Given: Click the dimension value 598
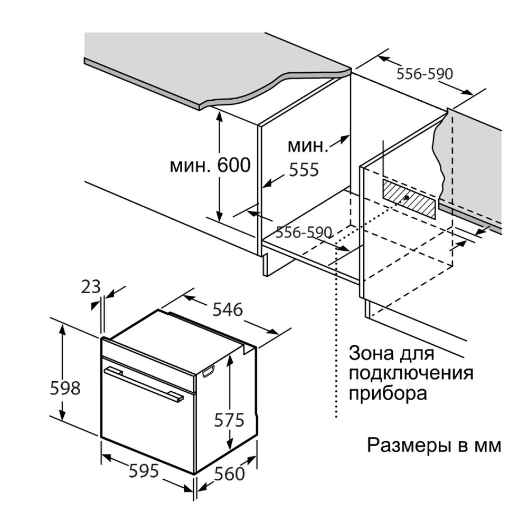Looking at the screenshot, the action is (x=65, y=388).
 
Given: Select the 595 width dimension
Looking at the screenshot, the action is (x=144, y=471).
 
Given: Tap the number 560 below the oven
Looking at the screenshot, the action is (x=229, y=473).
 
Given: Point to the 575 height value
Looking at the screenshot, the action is (x=229, y=420).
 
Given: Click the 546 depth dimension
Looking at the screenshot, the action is (x=228, y=309).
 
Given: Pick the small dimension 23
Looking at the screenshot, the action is (x=91, y=287).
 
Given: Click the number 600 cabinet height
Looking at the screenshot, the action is (x=234, y=164).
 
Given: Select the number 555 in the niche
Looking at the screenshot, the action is (x=304, y=170).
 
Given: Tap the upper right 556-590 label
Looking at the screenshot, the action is (x=425, y=74).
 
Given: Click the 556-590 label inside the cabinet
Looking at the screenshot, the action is (x=304, y=232).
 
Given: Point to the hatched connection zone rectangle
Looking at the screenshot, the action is (x=409, y=198).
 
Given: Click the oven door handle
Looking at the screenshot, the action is (x=144, y=384).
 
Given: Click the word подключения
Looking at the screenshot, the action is (x=411, y=373).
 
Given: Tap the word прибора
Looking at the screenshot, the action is (x=388, y=394).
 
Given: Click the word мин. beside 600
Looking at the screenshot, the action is (x=191, y=166).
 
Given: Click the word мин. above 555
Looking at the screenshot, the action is (x=308, y=146).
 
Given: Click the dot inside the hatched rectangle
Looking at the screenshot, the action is (x=407, y=198).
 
